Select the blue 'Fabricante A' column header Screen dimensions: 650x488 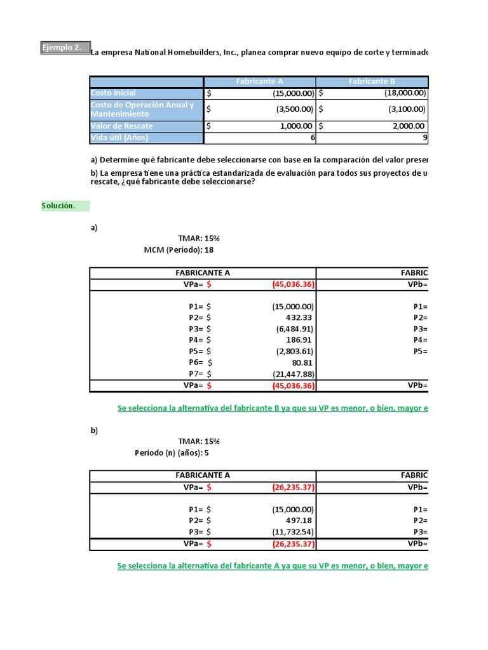pyautogui.click(x=259, y=81)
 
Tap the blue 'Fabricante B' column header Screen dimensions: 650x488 pyautogui.click(x=372, y=81)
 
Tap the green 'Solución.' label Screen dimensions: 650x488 pyautogui.click(x=59, y=206)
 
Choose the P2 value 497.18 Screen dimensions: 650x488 pyautogui.click(x=300, y=521)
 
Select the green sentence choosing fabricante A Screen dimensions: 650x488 pyautogui.click(x=273, y=566)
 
